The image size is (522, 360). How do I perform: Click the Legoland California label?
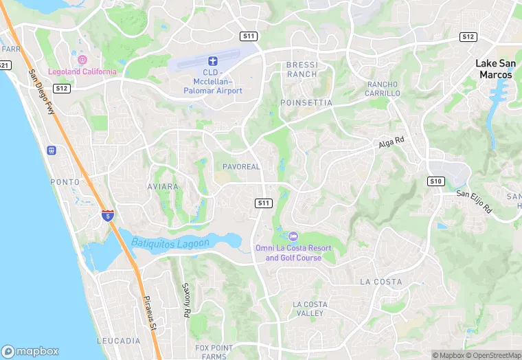[82, 71]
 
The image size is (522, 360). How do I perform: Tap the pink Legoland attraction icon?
[82, 60]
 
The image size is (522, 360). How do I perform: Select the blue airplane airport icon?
[213, 61]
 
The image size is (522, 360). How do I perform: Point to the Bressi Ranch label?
[302, 69]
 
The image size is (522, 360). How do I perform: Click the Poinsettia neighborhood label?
[306, 102]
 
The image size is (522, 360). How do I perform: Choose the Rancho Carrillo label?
[383, 89]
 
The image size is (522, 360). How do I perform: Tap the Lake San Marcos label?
[494, 69]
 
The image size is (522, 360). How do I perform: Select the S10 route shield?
[435, 181]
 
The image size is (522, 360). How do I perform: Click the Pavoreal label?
[241, 167]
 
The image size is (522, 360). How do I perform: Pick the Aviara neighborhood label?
[163, 187]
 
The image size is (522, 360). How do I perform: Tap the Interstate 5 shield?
[108, 215]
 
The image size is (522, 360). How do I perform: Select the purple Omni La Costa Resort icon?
[293, 236]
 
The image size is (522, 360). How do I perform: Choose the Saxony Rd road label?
[185, 300]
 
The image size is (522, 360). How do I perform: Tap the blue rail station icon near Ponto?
[51, 150]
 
